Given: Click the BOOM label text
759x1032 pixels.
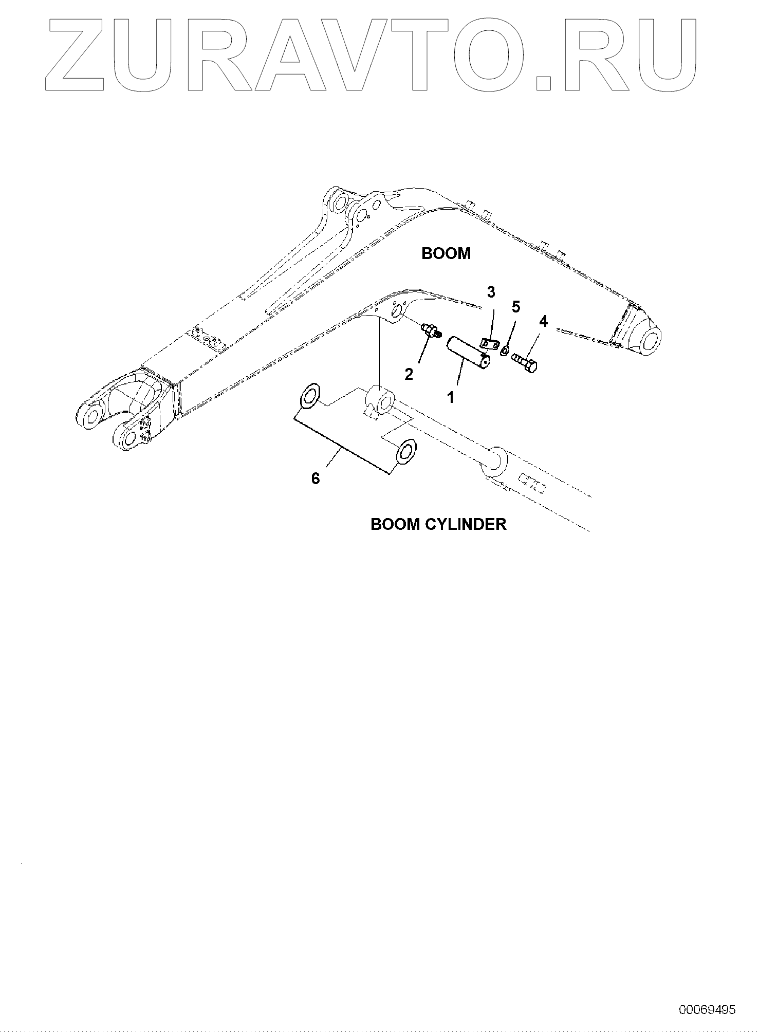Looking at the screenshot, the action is [x=446, y=253].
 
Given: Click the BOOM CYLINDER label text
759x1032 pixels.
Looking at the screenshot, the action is [x=438, y=524].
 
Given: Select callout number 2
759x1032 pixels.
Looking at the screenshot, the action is [x=409, y=374].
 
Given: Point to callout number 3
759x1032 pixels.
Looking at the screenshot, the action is [x=491, y=292].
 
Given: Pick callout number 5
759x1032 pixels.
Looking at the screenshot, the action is [x=515, y=307].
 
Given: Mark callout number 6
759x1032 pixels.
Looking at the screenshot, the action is [x=316, y=478].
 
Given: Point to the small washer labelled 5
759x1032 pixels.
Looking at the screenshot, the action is [x=504, y=351].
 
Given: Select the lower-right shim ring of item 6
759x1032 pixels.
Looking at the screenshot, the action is [x=406, y=451].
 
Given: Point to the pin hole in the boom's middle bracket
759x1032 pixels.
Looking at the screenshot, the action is [x=396, y=312].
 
